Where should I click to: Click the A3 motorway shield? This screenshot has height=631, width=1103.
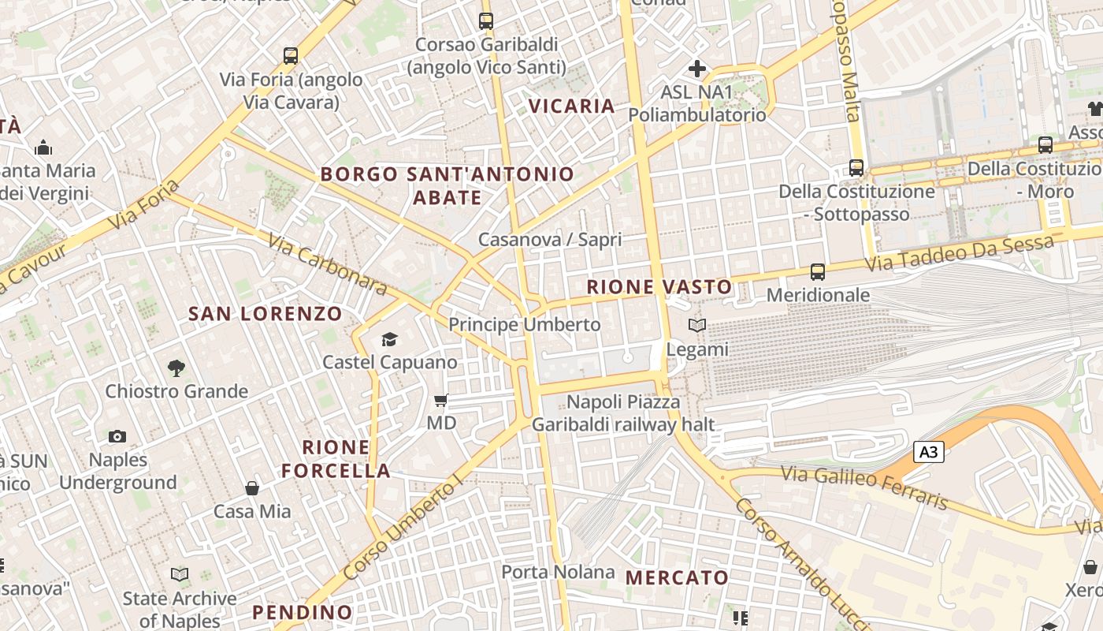pos(929,452)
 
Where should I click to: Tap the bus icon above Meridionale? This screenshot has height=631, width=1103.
pos(818,272)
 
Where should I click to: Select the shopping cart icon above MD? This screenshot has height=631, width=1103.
pos(441,401)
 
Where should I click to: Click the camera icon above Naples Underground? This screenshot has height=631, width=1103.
pos(117,436)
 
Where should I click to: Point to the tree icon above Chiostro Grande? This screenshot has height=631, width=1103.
pos(176,367)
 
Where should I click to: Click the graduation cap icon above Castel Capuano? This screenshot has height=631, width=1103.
pos(389,339)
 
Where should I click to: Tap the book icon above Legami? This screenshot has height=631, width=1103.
pos(697,325)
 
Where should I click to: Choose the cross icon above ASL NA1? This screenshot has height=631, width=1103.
pos(697,69)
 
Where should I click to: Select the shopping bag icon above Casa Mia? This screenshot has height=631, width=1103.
pos(252,488)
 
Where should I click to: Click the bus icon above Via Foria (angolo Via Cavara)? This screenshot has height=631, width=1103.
pos(291,56)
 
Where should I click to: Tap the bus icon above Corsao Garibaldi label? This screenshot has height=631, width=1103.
pos(486,21)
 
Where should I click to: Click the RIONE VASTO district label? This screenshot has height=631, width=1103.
pos(659,287)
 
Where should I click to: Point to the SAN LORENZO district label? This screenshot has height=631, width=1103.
pos(266,314)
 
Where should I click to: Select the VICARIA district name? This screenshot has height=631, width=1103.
pos(571,106)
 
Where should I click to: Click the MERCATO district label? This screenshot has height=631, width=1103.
pos(678,577)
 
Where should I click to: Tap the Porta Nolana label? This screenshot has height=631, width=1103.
pos(559,572)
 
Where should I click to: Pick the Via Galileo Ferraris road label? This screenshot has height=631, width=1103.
pos(865,487)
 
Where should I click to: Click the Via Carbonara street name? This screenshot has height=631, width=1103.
pos(328,264)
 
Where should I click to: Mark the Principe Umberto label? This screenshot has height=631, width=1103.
pos(525,324)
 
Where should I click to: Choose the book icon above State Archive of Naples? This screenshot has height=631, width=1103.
pos(180,575)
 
